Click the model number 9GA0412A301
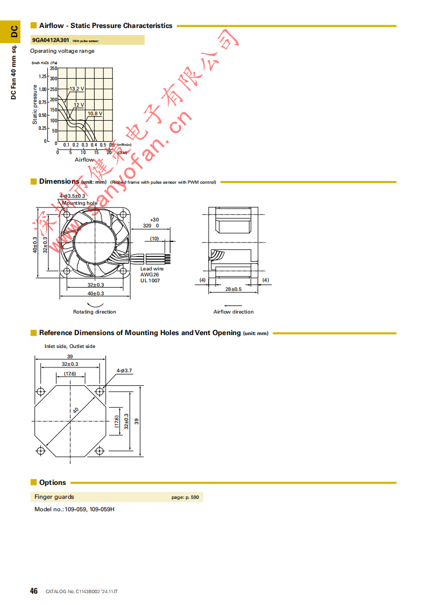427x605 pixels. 51,40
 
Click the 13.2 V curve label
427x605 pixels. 76,88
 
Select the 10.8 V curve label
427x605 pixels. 95,114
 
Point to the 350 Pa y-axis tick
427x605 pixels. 53,68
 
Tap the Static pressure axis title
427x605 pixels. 35,105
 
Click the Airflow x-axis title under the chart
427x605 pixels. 84,160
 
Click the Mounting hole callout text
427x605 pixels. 80,203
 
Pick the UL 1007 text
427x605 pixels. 150,280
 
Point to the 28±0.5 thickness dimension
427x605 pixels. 233,289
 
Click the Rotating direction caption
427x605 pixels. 95,312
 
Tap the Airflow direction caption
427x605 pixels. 233,312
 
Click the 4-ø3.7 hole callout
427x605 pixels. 124,371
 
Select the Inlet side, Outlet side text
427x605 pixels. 70,346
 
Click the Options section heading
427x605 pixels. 52,483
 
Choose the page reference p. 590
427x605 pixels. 185,497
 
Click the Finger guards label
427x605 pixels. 54,497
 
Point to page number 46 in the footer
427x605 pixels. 34,592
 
